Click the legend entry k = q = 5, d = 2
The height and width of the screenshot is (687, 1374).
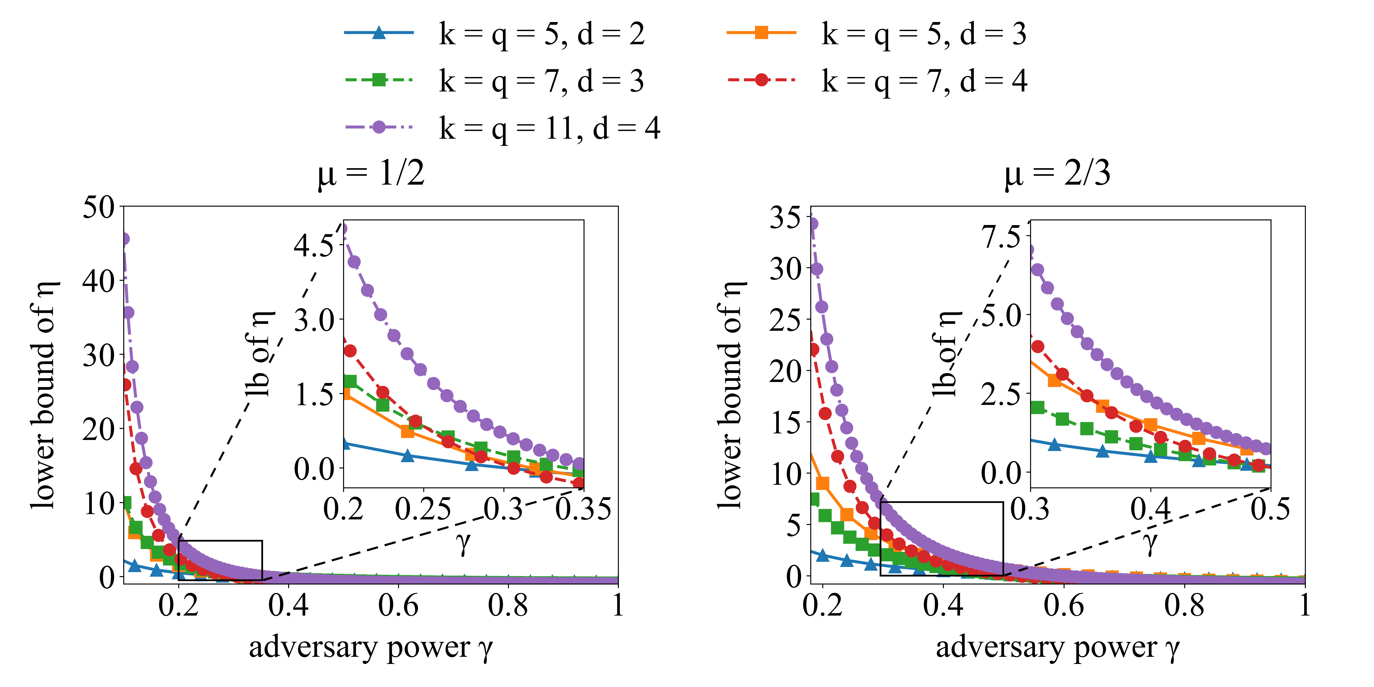click(x=541, y=34)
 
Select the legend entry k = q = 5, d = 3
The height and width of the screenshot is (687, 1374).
click(x=924, y=34)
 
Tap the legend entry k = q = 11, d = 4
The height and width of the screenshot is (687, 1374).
click(x=549, y=128)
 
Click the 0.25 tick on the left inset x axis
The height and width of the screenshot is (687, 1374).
click(x=423, y=509)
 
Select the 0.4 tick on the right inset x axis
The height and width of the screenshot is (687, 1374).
click(x=1151, y=509)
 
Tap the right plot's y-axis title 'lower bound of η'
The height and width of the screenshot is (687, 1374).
click(x=730, y=395)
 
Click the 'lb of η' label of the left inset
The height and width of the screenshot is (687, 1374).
click(x=260, y=355)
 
